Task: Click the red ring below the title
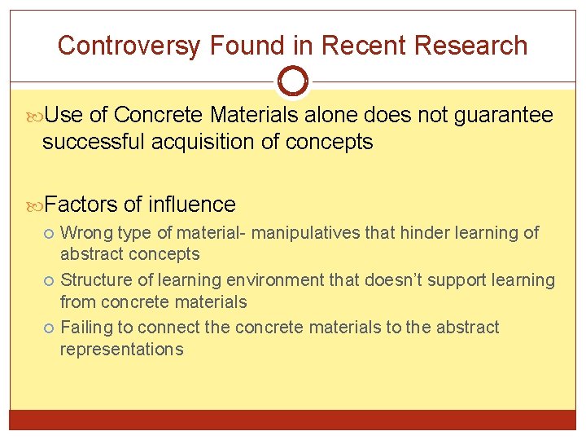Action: click(x=293, y=81)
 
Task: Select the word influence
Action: click(x=192, y=204)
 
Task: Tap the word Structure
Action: click(x=95, y=280)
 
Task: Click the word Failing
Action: click(x=87, y=328)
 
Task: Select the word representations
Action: click(x=122, y=350)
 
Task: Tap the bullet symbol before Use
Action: click(x=36, y=117)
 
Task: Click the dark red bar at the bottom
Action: click(x=293, y=420)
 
